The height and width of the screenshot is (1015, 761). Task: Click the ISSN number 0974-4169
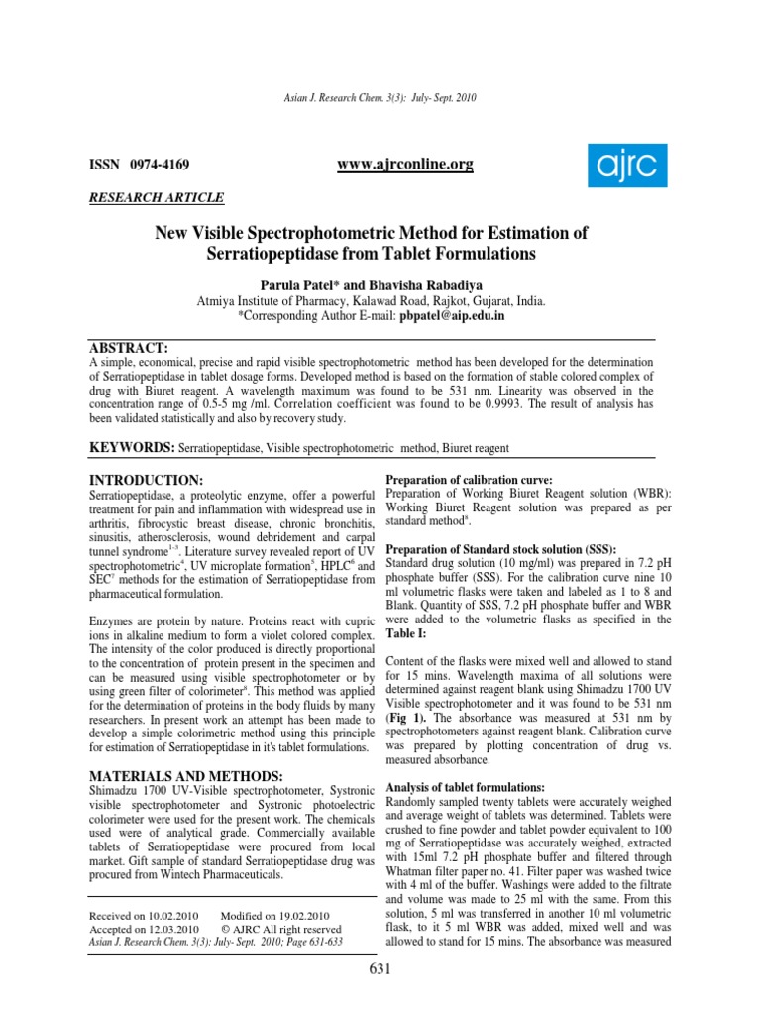(155, 164)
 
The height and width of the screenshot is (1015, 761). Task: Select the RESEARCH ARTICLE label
(157, 198)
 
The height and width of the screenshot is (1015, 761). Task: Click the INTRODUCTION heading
(147, 480)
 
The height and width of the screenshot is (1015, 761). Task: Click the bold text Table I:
(404, 632)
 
